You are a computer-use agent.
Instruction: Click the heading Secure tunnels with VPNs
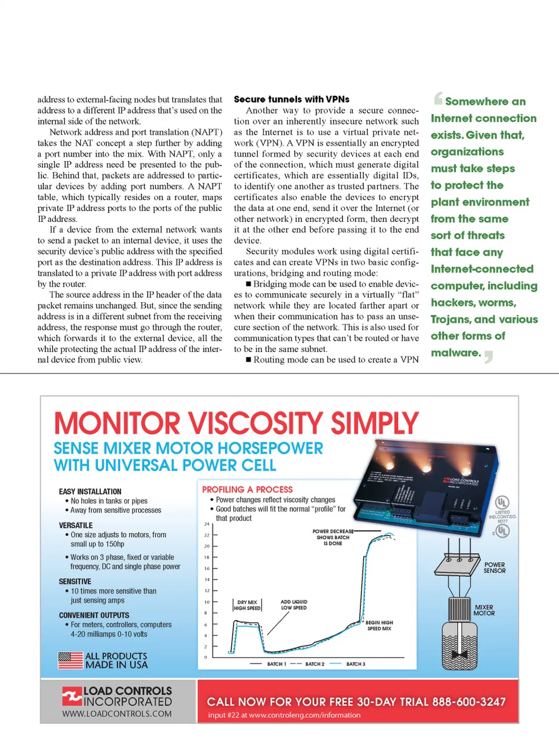291,100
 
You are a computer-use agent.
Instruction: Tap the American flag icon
70,660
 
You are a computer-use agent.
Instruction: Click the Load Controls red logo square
72,696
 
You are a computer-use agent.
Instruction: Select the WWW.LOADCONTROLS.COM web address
117,714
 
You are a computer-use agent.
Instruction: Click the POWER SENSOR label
494,568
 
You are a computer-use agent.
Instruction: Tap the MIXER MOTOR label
484,610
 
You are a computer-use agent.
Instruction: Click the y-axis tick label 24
206,524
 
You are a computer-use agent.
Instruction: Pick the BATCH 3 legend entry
355,664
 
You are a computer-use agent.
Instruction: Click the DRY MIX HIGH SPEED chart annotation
247,605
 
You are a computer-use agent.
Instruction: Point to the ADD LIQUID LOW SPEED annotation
293,605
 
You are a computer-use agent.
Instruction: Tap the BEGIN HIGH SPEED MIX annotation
379,626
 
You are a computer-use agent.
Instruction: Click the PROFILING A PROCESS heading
247,490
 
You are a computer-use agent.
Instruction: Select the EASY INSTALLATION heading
90,492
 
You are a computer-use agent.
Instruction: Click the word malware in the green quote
455,353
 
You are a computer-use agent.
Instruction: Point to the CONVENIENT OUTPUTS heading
94,615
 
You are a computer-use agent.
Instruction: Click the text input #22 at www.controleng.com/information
284,715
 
